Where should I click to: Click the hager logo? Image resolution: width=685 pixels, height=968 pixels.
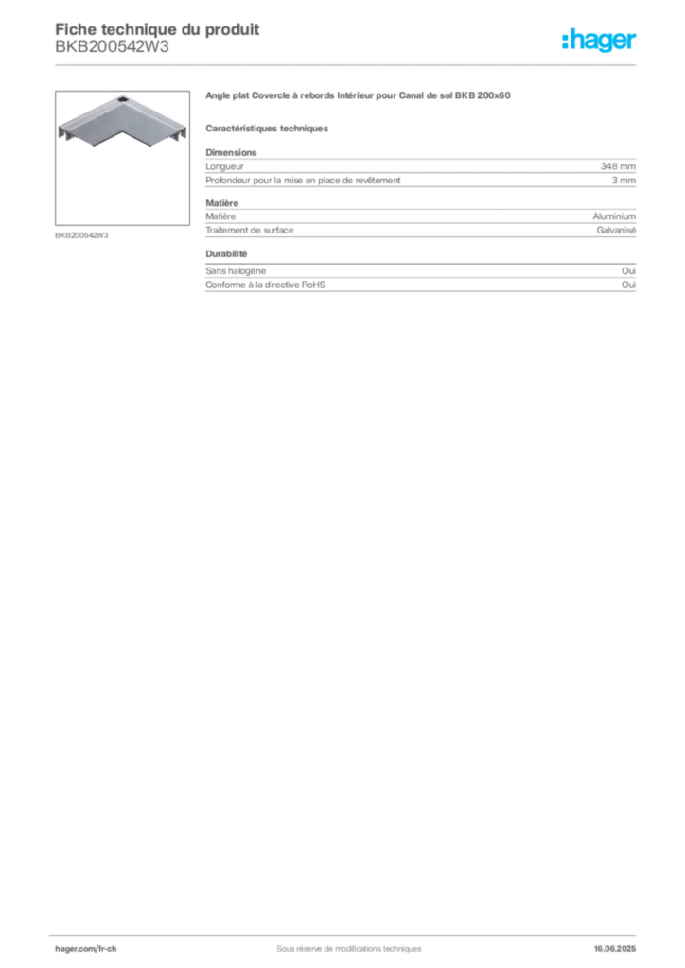tap(599, 40)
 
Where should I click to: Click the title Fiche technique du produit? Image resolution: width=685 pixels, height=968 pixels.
tap(157, 29)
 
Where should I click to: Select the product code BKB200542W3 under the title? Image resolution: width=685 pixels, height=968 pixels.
tap(112, 47)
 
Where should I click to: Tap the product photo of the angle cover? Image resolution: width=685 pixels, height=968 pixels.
tap(122, 158)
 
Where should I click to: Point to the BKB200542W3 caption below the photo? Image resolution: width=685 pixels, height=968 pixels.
tap(81, 235)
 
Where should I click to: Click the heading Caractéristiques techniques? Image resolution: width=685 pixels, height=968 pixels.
tap(267, 129)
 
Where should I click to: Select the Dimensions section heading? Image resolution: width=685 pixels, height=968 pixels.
tap(231, 152)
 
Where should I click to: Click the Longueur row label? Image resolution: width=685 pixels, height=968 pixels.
tap(225, 166)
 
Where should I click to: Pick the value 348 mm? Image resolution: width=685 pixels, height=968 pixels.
tap(618, 166)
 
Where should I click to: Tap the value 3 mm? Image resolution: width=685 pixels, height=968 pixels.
tap(624, 181)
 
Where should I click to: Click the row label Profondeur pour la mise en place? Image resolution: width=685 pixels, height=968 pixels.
tap(304, 181)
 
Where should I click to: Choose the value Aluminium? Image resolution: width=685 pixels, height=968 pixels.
tap(614, 216)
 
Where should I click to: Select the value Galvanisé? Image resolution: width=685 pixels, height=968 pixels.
tap(616, 231)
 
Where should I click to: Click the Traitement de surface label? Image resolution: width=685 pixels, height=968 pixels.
tap(250, 231)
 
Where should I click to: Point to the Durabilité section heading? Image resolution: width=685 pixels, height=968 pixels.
tap(226, 253)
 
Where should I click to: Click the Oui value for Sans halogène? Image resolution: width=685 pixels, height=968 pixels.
tap(628, 271)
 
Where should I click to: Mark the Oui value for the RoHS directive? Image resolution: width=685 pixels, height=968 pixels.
tap(628, 285)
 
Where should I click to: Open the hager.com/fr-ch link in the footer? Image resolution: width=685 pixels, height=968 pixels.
tap(86, 949)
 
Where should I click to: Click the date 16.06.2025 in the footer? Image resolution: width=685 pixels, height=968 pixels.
tap(615, 949)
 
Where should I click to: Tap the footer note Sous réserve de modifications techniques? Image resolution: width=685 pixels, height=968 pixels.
tap(349, 949)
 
